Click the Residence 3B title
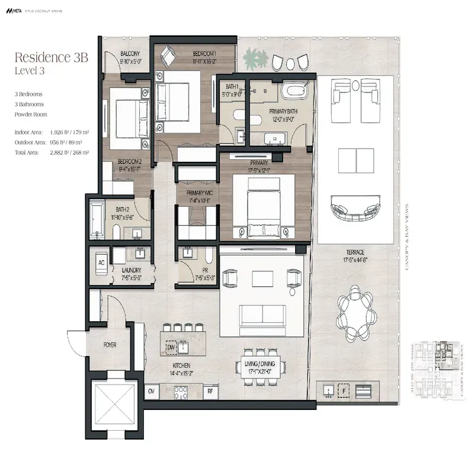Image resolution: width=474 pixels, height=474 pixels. coord(51,58)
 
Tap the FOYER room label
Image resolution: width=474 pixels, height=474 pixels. coord(110,344)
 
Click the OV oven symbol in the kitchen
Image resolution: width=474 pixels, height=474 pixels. coord(152,392)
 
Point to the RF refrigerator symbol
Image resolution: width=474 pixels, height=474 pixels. coord(210,392)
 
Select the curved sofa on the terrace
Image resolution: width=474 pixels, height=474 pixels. coord(355,210)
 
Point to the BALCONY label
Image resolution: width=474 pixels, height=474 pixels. coord(130,53)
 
